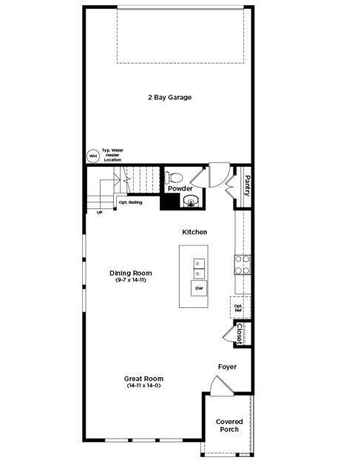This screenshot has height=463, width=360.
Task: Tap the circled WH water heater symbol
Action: (x=93, y=156)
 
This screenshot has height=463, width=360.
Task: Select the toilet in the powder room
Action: (x=174, y=177)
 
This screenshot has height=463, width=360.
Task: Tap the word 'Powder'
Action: (x=180, y=189)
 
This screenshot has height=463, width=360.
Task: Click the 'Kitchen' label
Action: (x=194, y=232)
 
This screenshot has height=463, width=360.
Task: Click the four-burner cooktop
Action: (x=242, y=264)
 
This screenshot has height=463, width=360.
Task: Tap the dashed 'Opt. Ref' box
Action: (x=239, y=306)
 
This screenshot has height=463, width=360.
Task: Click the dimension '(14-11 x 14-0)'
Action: (x=143, y=385)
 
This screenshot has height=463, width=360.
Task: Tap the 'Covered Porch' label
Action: (x=229, y=425)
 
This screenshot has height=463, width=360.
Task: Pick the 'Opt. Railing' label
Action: (x=131, y=202)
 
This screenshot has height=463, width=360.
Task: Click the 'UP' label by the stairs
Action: (x=100, y=213)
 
